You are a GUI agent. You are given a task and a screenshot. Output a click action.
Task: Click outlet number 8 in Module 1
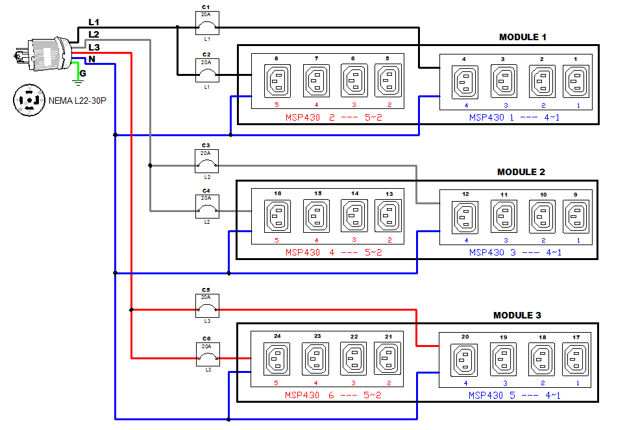[277, 82]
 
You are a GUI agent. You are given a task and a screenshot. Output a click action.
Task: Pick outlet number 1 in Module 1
[575, 82]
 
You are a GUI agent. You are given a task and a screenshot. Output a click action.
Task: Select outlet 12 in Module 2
[465, 217]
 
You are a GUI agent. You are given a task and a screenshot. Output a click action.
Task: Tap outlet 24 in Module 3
[277, 359]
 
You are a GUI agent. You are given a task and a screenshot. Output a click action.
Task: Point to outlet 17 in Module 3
[576, 359]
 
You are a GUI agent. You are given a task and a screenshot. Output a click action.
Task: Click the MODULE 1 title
[522, 37]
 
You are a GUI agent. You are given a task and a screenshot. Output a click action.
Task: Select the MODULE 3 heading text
[517, 315]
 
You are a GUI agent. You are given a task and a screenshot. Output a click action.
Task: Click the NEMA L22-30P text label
[77, 101]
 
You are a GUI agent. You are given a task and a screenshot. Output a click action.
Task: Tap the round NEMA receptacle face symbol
[29, 100]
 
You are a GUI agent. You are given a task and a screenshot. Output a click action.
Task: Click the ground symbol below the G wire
[79, 82]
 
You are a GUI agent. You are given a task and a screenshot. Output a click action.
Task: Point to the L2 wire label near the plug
[94, 34]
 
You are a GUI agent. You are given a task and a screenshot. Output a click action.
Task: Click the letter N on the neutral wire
[92, 60]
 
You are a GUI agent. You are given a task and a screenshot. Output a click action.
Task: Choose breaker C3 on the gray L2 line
[207, 161]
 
